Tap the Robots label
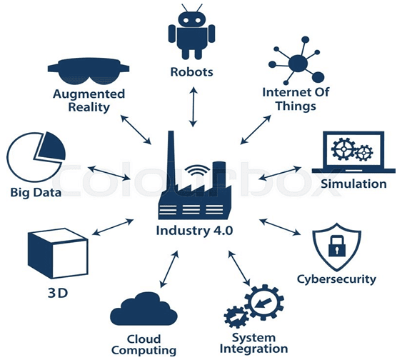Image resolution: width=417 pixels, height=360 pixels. [191, 72]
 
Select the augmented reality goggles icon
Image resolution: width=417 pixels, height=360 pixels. [89, 71]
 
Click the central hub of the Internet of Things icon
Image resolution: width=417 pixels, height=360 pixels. [298, 64]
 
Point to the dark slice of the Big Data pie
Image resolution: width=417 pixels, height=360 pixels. [53, 147]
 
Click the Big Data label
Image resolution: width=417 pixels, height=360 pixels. [36, 192]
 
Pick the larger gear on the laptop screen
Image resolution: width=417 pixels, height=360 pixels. [343, 149]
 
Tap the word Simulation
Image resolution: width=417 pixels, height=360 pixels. [353, 184]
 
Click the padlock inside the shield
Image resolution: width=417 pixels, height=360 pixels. [337, 246]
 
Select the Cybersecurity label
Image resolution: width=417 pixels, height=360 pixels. [336, 279]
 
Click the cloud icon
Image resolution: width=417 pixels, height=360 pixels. [144, 309]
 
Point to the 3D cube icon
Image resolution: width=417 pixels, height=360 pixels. [58, 253]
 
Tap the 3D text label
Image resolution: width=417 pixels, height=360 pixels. [58, 293]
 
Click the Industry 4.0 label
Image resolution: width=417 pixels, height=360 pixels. [194, 231]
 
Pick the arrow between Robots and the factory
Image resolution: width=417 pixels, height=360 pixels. [194, 107]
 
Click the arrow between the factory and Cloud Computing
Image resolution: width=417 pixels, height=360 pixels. [169, 269]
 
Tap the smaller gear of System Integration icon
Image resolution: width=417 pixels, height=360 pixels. [236, 317]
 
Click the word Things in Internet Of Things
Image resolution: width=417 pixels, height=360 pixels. [296, 106]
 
